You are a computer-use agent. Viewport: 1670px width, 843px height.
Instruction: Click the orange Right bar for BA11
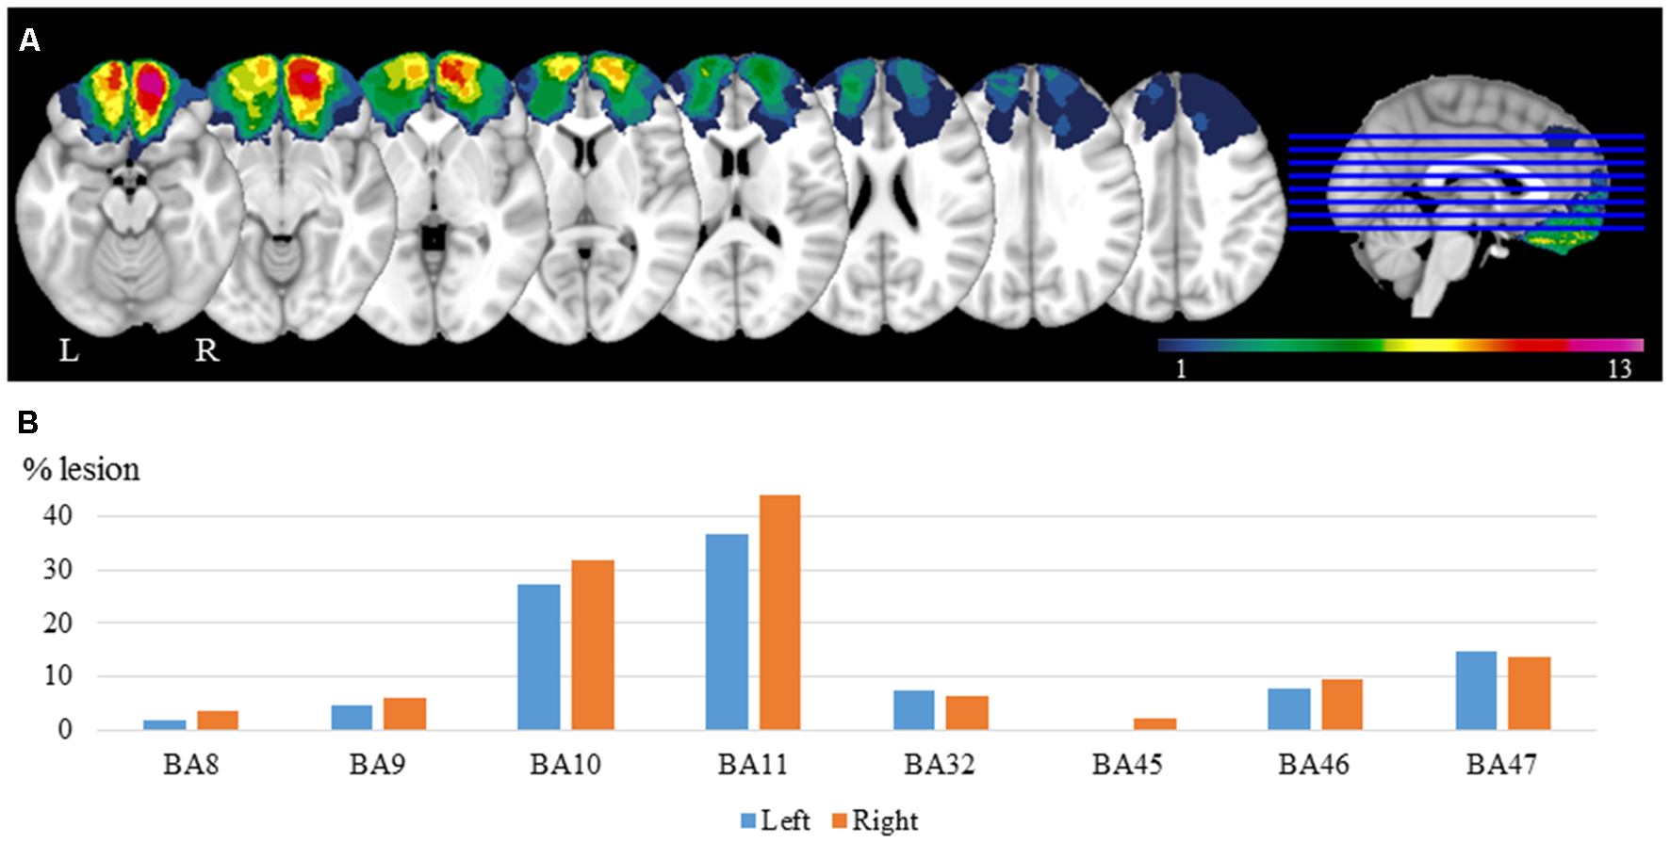click(x=779, y=612)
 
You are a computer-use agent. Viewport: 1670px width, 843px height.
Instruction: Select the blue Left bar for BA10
click(x=539, y=657)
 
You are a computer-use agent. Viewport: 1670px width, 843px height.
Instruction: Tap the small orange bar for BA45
click(x=1154, y=723)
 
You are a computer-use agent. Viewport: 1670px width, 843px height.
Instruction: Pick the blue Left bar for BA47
click(x=1476, y=690)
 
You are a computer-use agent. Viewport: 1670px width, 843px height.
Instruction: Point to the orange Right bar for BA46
click(x=1341, y=705)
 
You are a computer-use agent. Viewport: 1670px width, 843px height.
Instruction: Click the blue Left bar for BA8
click(x=164, y=724)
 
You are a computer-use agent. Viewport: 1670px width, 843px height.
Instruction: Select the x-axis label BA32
click(x=939, y=764)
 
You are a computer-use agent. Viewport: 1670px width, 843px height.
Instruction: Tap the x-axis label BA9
click(x=377, y=764)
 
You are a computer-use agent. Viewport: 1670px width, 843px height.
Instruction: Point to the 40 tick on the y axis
click(x=57, y=515)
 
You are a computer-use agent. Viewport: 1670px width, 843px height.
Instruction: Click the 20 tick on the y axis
click(x=57, y=623)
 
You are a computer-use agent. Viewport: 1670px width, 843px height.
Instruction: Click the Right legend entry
click(x=874, y=820)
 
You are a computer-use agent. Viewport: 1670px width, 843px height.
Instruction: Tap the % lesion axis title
click(x=81, y=469)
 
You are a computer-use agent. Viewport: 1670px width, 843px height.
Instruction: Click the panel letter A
click(x=29, y=41)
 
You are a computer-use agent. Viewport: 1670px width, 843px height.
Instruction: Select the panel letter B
click(x=28, y=422)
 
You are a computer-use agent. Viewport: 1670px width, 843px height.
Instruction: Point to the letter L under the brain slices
click(x=69, y=351)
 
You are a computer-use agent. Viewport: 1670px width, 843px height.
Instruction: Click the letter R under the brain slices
click(x=206, y=351)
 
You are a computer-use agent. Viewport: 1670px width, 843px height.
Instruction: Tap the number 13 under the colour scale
click(x=1619, y=368)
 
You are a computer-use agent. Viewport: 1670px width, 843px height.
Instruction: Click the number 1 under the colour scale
click(x=1180, y=368)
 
